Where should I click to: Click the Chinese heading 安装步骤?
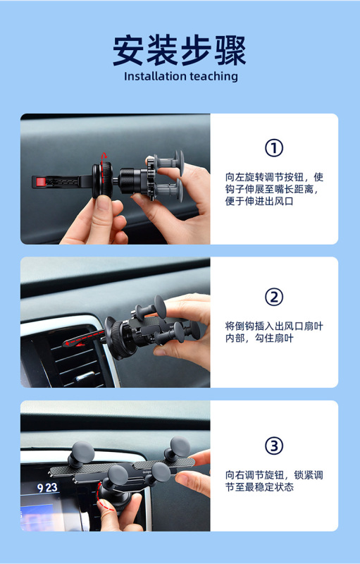tap(180, 50)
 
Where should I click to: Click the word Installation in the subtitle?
tap(155, 76)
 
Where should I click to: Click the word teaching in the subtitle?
tap(213, 77)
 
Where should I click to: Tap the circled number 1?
tap(274, 148)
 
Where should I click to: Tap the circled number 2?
tap(274, 297)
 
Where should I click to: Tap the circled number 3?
tap(274, 446)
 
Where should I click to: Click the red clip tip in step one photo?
tap(42, 182)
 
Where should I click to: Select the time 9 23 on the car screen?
tap(47, 488)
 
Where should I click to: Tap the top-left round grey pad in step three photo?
tap(82, 452)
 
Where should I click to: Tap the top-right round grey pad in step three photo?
tap(180, 447)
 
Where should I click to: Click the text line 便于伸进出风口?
tap(259, 201)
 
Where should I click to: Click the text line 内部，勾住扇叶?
tap(259, 338)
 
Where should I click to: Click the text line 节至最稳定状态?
tap(259, 487)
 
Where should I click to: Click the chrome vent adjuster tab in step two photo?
tap(85, 376)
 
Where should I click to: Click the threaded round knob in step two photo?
tap(118, 338)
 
